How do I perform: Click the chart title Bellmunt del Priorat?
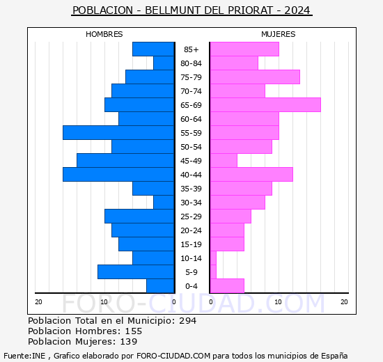coord(191,10)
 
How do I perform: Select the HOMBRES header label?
coord(104,34)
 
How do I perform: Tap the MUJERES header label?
coord(278,34)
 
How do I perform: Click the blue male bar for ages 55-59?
coord(118,132)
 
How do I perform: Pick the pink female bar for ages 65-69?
coord(265,104)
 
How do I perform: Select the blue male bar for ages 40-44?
coord(118,174)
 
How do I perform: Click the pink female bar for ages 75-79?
coord(254,77)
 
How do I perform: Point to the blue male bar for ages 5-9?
coord(136,271)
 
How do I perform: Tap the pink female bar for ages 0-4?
coord(226,285)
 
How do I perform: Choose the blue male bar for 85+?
coord(153,49)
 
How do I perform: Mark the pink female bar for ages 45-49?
coord(223,160)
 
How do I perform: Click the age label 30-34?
coord(191,203)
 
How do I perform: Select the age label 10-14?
coord(191,258)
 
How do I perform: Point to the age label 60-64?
coord(191,119)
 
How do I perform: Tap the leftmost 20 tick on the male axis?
coord(38,301)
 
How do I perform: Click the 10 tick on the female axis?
coord(277,301)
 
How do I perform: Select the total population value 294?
coord(187,321)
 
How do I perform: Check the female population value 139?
coord(127,342)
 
